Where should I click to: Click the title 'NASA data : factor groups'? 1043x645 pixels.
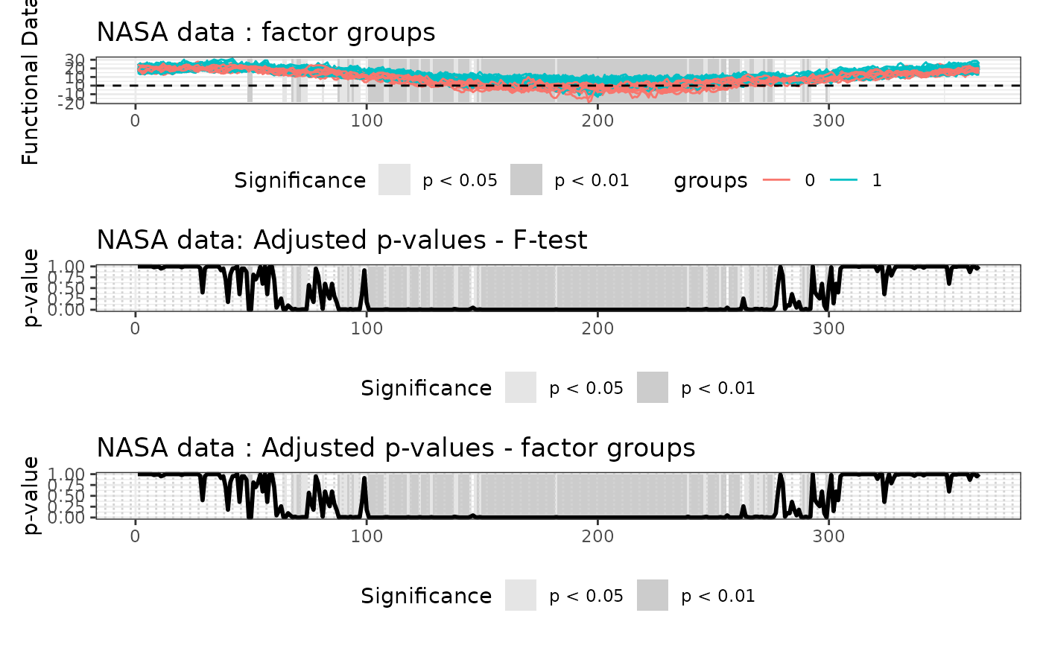[266, 33]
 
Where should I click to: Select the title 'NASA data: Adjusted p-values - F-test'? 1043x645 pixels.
[342, 240]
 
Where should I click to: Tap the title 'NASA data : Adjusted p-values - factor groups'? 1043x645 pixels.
[396, 448]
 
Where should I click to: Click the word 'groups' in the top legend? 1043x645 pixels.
[711, 181]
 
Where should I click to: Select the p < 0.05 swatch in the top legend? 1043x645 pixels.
[394, 180]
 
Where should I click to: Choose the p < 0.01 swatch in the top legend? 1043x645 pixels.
[526, 180]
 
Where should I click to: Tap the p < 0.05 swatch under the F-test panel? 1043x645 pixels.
[521, 388]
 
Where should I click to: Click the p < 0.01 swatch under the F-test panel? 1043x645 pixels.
[653, 388]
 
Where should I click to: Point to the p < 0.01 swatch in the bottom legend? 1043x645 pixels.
[653, 596]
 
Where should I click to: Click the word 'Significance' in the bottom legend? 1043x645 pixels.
[426, 597]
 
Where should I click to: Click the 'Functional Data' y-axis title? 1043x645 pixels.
[31, 83]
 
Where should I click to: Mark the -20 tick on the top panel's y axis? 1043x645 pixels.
[79, 104]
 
